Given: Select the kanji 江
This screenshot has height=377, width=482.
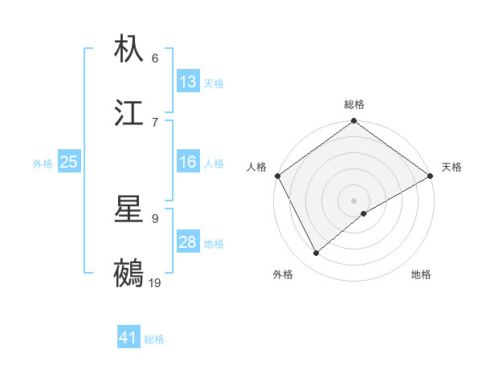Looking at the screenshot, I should click(x=129, y=112).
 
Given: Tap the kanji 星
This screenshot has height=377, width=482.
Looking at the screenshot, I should click(x=129, y=210).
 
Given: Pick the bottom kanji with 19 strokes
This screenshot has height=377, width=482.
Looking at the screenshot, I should click(x=129, y=273).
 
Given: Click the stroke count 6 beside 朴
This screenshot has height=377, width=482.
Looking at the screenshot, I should click(x=154, y=59).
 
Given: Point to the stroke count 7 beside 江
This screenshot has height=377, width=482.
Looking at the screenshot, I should click(x=154, y=122).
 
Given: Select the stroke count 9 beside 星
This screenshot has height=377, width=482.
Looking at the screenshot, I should click(x=154, y=218).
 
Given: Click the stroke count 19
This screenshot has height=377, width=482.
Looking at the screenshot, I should click(x=155, y=282).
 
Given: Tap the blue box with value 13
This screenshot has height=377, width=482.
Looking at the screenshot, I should click(x=188, y=82).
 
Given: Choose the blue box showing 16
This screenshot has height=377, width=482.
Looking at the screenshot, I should click(x=188, y=162).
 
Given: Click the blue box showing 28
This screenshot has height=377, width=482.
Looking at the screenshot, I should click(x=188, y=242).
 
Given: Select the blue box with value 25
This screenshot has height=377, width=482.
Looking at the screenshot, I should click(x=69, y=162).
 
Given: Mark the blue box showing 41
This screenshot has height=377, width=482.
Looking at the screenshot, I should click(x=129, y=338).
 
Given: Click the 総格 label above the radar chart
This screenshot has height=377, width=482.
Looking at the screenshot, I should click(x=354, y=104).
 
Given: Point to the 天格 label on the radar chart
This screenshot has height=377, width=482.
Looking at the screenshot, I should click(x=451, y=167).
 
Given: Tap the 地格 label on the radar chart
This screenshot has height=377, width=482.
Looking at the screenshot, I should click(x=421, y=274).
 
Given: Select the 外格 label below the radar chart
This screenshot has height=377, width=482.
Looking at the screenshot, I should click(x=283, y=274).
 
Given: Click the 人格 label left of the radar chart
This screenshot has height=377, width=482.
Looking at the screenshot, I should click(x=256, y=167).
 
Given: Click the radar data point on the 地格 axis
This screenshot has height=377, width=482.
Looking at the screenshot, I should click(x=364, y=213).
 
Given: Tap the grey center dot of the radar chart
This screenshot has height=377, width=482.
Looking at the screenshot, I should click(x=354, y=200).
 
